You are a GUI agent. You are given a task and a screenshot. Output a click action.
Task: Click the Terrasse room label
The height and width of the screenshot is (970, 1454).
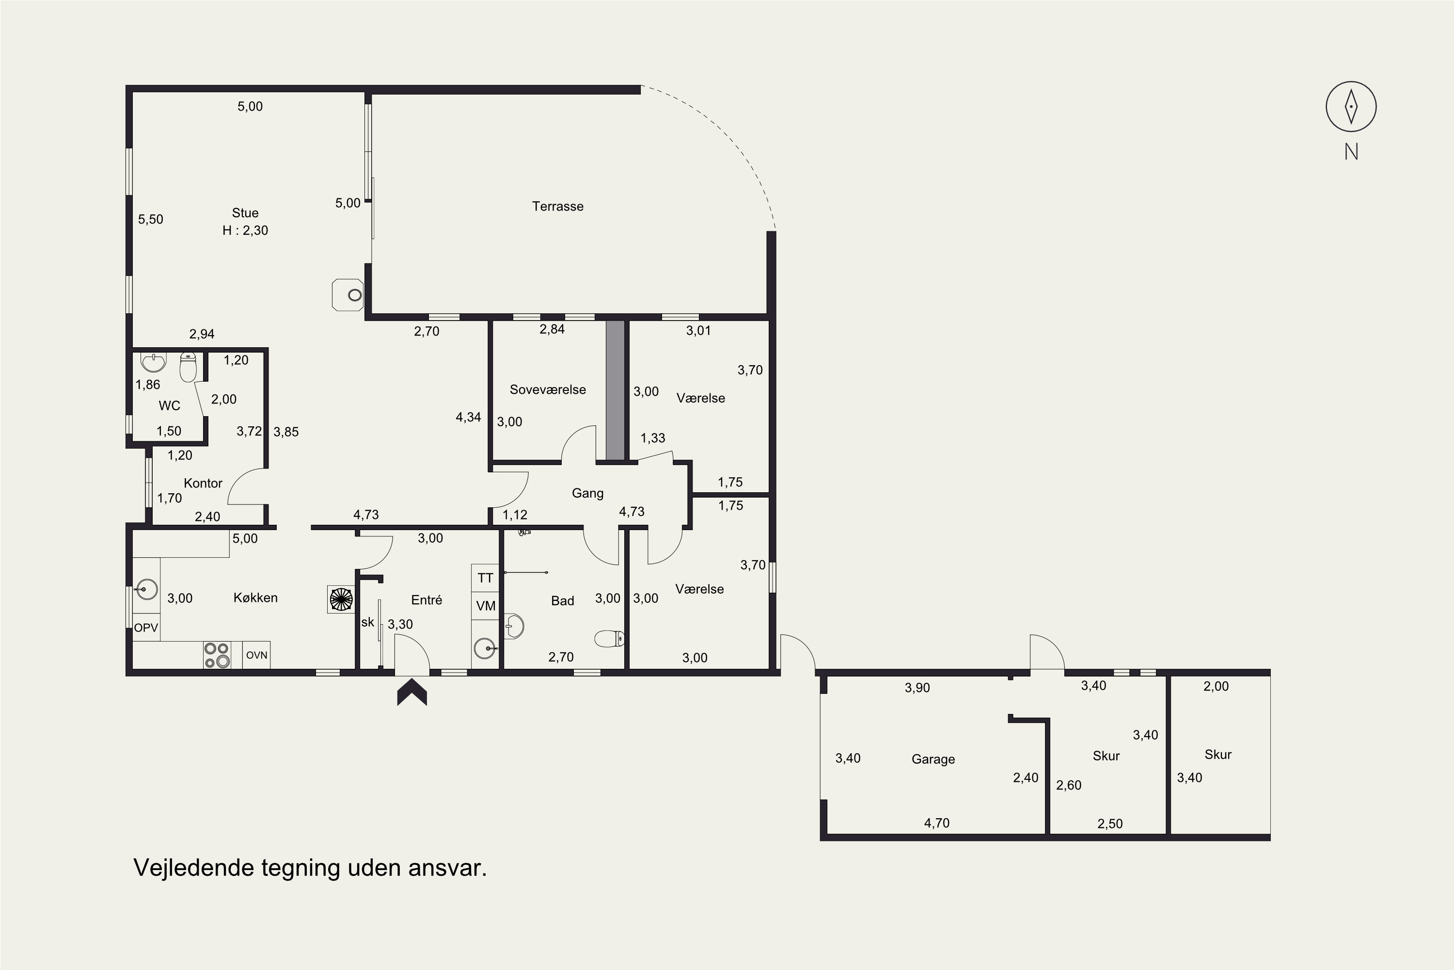558,206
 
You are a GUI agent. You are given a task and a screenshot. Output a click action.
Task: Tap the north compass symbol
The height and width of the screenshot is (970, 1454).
1351,106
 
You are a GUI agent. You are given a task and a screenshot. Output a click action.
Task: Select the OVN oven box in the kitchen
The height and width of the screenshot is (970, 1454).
256,654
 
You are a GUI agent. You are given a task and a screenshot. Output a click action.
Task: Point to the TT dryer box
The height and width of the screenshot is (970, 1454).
485,578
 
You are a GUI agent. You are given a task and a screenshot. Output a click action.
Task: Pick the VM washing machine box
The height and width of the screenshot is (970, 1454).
485,606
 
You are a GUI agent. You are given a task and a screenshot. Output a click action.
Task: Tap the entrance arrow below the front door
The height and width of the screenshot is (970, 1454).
411,692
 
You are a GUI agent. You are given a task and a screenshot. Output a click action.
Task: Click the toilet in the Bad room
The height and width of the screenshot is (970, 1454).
610,638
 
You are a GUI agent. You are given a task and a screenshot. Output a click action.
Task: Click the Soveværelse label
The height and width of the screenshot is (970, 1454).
548,390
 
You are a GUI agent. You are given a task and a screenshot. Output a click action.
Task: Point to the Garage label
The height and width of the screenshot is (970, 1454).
933,759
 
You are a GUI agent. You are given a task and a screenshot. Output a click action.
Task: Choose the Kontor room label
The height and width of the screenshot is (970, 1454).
203,483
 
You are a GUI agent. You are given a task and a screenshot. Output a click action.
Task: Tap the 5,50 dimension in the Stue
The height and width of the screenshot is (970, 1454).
150,219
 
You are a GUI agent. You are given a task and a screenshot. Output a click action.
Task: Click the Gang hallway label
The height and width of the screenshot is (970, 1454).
587,493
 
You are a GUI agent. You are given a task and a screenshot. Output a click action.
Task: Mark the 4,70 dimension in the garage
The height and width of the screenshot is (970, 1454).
936,823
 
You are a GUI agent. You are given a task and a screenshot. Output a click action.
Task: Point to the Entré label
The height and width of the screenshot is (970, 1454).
427,599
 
